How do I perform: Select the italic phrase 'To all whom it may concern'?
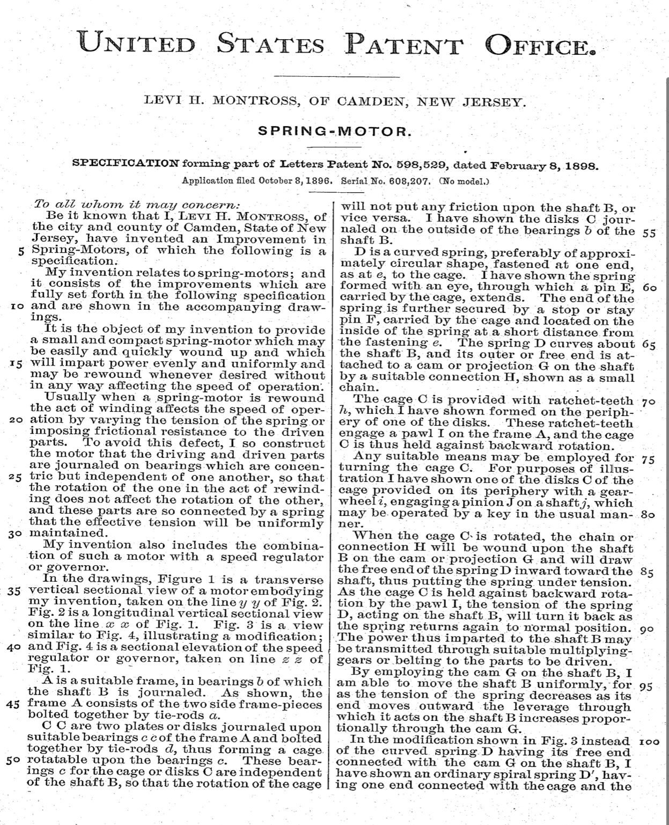137,205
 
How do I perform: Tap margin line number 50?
16,761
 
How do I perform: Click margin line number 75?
648,459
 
